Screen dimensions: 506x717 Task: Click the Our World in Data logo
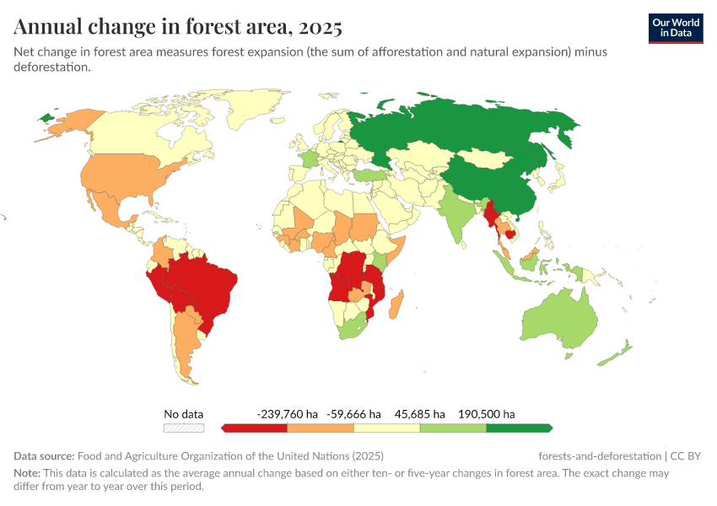(x=675, y=28)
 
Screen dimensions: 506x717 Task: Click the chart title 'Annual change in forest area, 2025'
(x=178, y=27)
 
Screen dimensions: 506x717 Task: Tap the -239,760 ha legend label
(x=287, y=414)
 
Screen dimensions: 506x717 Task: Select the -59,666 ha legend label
(x=353, y=414)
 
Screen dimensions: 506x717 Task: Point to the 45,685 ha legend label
(x=419, y=414)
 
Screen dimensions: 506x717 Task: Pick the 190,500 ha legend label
(x=486, y=414)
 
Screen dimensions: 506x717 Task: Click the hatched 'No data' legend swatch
(x=184, y=428)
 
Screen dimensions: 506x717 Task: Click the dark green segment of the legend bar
(x=518, y=428)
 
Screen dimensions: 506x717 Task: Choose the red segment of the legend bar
(x=256, y=428)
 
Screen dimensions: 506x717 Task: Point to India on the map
(x=456, y=215)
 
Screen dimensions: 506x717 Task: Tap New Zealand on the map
(x=616, y=354)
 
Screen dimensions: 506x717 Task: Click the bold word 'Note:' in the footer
(x=29, y=473)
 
